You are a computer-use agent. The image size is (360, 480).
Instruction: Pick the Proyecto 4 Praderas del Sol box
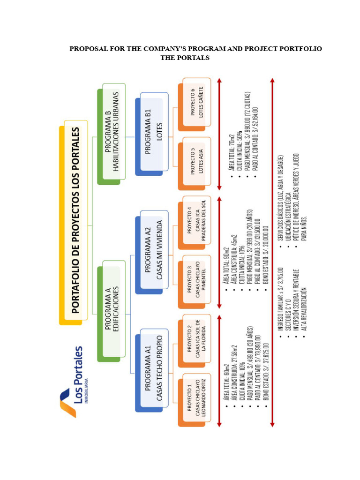click(x=194, y=223)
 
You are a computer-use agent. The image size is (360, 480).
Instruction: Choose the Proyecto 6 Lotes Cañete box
click(x=194, y=105)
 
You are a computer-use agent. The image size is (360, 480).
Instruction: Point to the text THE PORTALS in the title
click(x=185, y=58)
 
